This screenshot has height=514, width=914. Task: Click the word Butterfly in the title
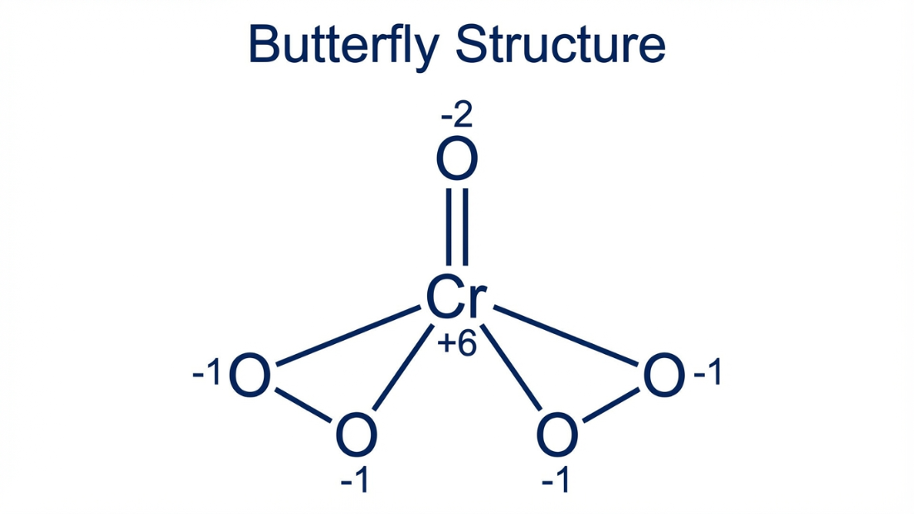coord(342,45)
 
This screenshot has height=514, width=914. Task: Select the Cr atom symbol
coord(454,298)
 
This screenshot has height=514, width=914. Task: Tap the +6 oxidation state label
coord(457,342)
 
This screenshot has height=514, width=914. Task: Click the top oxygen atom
coord(457,160)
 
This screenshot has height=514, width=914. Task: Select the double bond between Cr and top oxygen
coord(457,226)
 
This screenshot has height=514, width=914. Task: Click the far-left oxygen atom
coord(250,376)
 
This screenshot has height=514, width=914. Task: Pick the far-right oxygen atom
coord(664,376)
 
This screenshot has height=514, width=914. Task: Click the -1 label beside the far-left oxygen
coord(207,375)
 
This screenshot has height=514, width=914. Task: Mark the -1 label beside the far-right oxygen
coord(707,375)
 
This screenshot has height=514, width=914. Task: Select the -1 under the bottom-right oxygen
coord(557,480)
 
